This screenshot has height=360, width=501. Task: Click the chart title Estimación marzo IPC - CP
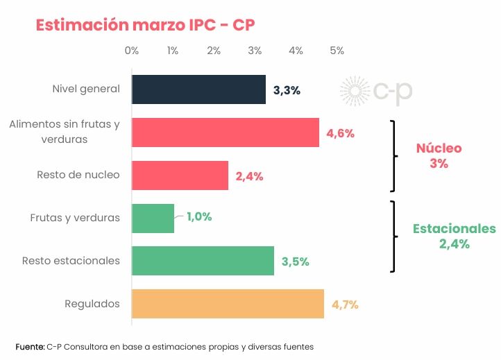[146, 25]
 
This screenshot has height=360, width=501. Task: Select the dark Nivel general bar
[198, 89]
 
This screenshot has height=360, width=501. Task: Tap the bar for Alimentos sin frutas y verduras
[225, 132]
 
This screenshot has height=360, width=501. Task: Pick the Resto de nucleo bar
[180, 175]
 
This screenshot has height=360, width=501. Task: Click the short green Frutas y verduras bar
[153, 218]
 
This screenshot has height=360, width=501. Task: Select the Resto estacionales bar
[203, 261]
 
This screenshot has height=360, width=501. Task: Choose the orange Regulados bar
[228, 304]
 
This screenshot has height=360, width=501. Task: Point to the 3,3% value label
[287, 91]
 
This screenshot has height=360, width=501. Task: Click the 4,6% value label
[340, 134]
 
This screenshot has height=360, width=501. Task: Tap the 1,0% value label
[199, 216]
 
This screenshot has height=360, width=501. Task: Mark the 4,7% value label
[345, 305]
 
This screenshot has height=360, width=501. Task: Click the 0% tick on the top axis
[131, 51]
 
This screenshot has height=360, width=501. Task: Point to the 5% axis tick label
[337, 51]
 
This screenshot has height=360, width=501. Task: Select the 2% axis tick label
[214, 51]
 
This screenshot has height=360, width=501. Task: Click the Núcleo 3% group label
[439, 156]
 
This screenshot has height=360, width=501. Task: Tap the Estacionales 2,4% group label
[454, 236]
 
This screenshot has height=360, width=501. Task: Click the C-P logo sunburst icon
[355, 92]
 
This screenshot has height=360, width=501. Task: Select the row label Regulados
[92, 304]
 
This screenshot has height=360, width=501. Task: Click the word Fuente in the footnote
[30, 345]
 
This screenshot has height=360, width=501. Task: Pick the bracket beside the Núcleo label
[394, 155]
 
